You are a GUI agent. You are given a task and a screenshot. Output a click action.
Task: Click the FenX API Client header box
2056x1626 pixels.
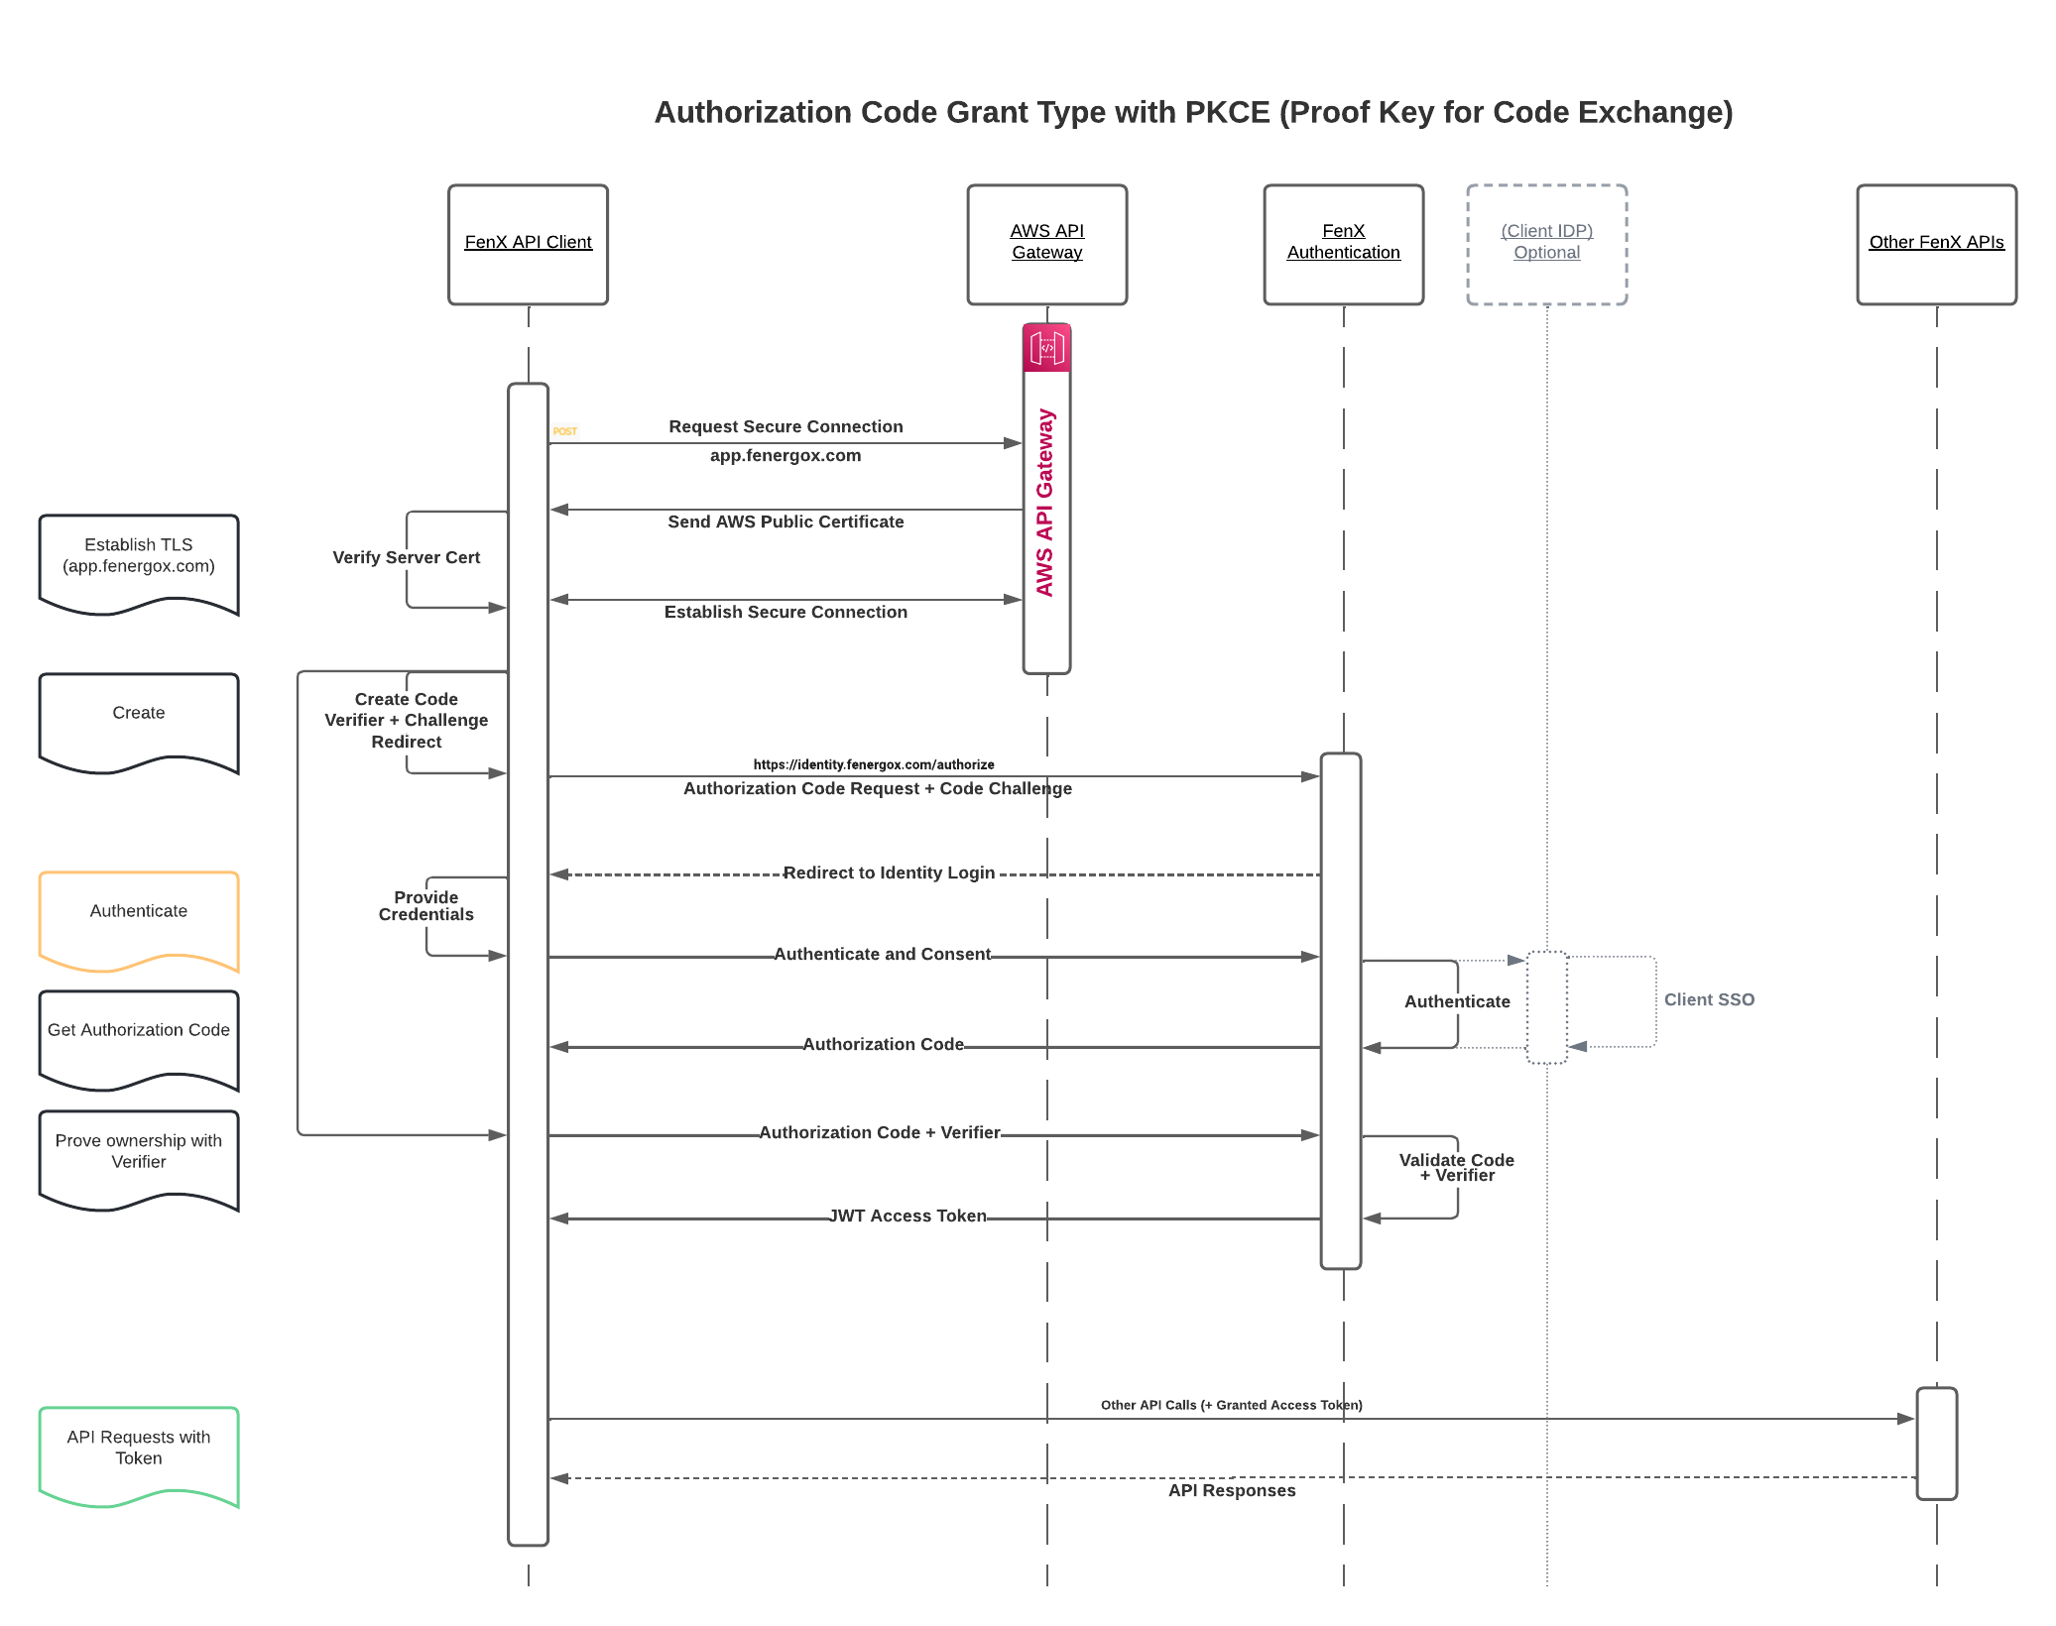(528, 244)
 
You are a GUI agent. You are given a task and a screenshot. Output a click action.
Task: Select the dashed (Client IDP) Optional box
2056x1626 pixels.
(1546, 244)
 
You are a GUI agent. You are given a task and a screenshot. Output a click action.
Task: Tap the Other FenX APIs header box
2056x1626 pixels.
(1936, 244)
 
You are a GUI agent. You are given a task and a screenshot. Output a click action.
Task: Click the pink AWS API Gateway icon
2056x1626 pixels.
(1046, 348)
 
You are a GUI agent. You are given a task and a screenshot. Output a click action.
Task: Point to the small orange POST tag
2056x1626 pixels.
(565, 431)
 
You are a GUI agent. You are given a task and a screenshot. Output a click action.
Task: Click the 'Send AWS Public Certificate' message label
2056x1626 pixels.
(786, 522)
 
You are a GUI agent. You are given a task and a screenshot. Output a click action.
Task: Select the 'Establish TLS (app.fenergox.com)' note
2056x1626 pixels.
(139, 560)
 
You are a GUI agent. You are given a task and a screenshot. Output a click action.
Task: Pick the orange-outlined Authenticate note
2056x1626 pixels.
(139, 917)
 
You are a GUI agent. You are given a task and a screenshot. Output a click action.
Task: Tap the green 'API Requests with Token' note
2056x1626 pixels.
(139, 1452)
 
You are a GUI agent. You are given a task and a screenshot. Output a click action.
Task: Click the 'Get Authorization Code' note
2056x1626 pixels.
(139, 1036)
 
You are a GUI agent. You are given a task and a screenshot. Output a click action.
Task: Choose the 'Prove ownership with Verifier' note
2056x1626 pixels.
(139, 1155)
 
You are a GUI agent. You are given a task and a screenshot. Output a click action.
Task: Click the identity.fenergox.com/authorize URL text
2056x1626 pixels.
(874, 764)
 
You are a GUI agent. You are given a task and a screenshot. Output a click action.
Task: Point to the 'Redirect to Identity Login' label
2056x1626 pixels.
(889, 872)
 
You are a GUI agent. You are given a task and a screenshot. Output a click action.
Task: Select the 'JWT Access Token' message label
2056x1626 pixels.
(907, 1216)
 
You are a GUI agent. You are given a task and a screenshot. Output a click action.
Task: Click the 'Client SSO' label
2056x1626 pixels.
(1709, 999)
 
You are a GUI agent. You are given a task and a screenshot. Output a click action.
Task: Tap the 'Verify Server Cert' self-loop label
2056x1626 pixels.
(406, 557)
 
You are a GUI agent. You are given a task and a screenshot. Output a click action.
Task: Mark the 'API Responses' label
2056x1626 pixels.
(1232, 1490)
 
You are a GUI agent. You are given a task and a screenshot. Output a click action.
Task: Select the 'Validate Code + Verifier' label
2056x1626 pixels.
(1456, 1167)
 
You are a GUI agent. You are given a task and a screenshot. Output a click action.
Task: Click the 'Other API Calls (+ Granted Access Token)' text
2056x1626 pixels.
(1231, 1405)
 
